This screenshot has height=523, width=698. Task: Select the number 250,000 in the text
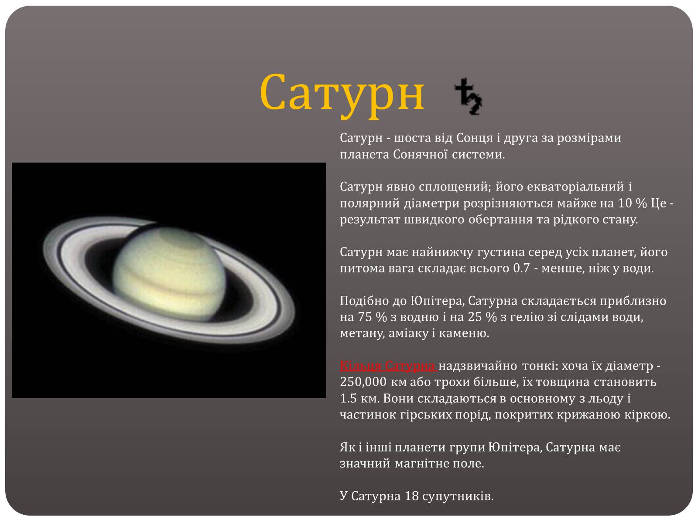pos(363,382)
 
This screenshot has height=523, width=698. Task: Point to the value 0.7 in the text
pos(521,268)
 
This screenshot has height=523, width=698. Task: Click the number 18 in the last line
pos(411,496)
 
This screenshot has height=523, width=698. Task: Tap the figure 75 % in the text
pos(372,317)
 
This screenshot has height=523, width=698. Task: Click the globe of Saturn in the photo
pos(170,273)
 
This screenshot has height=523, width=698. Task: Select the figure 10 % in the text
pos(632,204)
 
